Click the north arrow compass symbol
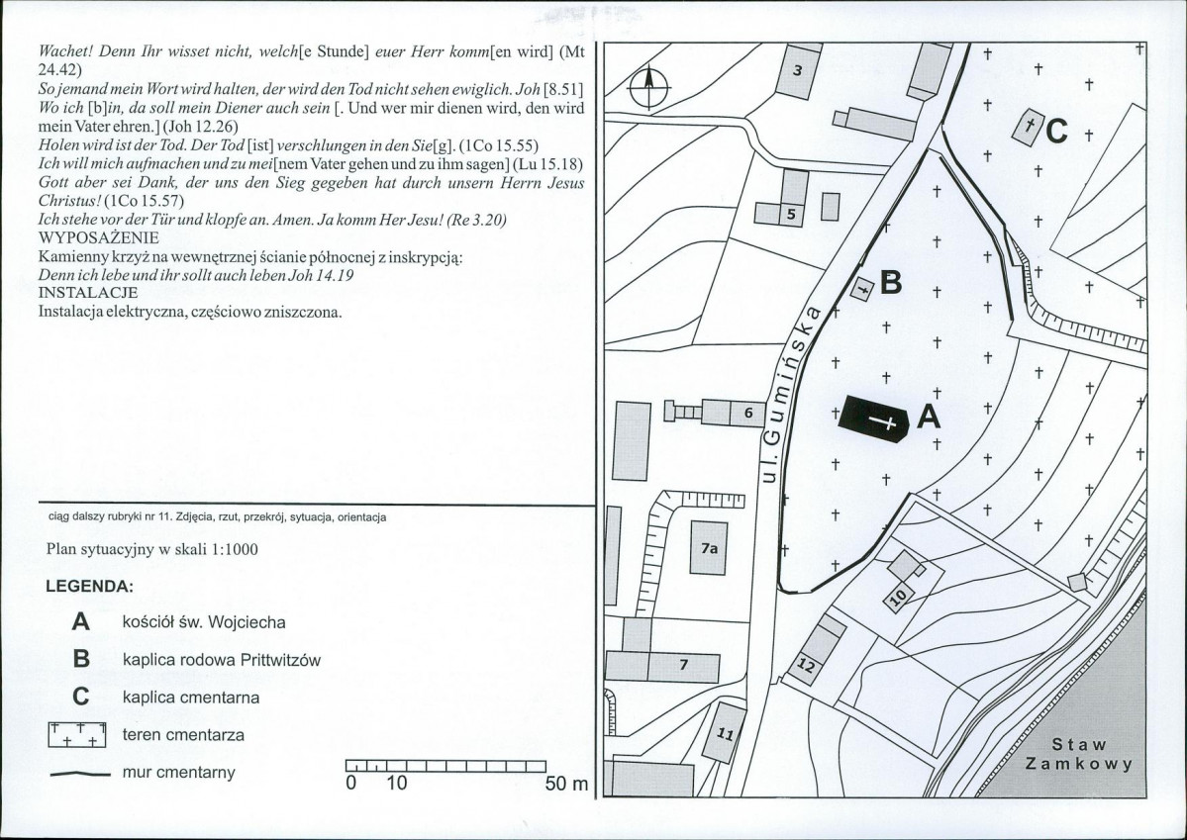pos(648,88)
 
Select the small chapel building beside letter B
pos(862,288)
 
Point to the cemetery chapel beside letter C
pos(1028,127)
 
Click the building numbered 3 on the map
pos(798,71)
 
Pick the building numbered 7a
pos(709,548)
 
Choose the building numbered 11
pos(724,732)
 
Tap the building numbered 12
pos(817,650)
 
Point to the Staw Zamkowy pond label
pos(1079,754)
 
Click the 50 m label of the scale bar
pos(566,784)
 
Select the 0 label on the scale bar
pos(350,784)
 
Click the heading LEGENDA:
pos(90,587)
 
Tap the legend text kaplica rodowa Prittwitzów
pos(222,660)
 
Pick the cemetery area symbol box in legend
pos(77,735)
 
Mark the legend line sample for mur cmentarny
pos(80,774)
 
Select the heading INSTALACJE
pos(88,293)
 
